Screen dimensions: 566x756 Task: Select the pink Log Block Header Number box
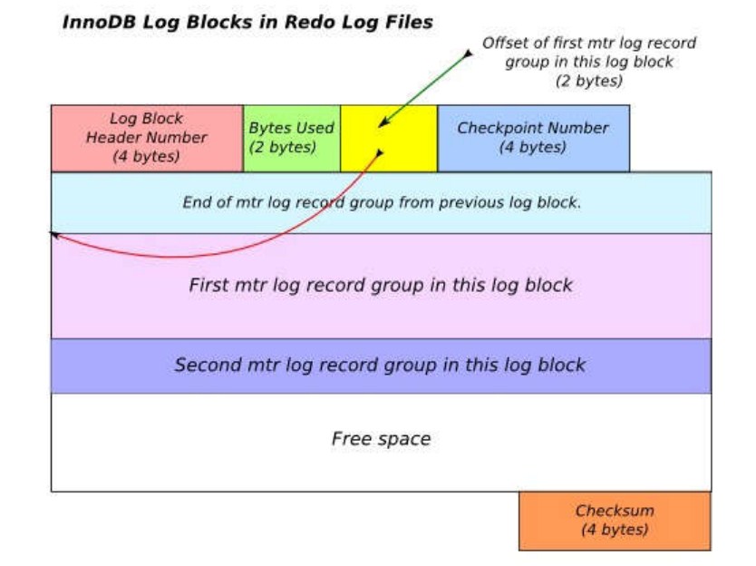[x=146, y=138]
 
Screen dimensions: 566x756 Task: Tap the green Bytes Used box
[x=291, y=138]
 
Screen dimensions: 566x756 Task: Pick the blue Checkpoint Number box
[x=533, y=138]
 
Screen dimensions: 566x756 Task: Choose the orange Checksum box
[x=615, y=521]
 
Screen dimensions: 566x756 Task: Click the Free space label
[x=381, y=439]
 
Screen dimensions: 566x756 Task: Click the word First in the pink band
[x=208, y=285]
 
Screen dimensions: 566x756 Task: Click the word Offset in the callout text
[x=504, y=44]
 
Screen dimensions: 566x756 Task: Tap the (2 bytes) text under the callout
[x=588, y=81]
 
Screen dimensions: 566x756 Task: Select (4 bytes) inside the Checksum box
[x=615, y=530]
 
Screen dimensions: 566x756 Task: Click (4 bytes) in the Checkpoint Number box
[x=533, y=147]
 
